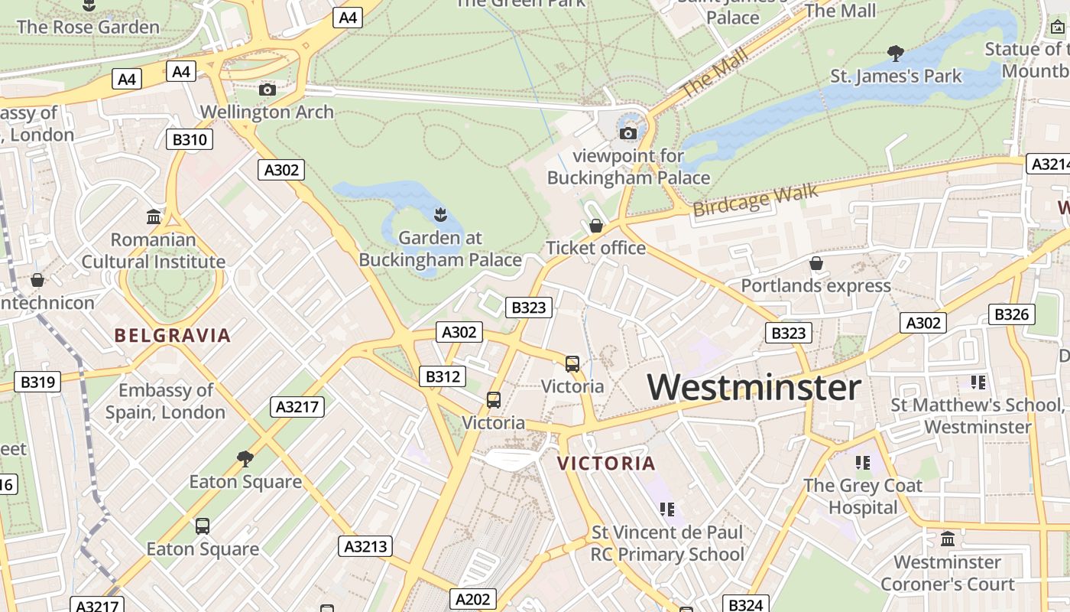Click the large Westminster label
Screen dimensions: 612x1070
[754, 387]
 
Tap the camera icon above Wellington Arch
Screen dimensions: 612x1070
[267, 90]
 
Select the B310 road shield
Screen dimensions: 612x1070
[190, 139]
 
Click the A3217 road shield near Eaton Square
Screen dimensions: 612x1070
[297, 406]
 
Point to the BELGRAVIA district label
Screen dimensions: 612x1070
[172, 335]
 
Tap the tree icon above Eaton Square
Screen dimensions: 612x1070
[245, 459]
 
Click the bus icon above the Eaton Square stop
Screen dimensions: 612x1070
[203, 526]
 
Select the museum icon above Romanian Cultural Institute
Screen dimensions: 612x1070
[154, 216]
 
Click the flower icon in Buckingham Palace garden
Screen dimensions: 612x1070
[440, 214]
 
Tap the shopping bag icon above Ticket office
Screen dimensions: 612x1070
[596, 226]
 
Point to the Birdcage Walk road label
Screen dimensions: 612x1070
[755, 200]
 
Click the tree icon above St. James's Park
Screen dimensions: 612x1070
[896, 54]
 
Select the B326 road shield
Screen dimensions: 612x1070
[1012, 314]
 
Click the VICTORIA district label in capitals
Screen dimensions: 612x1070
[606, 463]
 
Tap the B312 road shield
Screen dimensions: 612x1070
[443, 376]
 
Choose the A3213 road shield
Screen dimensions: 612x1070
[365, 546]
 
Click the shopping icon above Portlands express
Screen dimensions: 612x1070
[816, 263]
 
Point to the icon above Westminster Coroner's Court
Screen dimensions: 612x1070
[948, 539]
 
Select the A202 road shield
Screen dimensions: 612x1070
[473, 599]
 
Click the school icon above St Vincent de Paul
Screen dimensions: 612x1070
[666, 509]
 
